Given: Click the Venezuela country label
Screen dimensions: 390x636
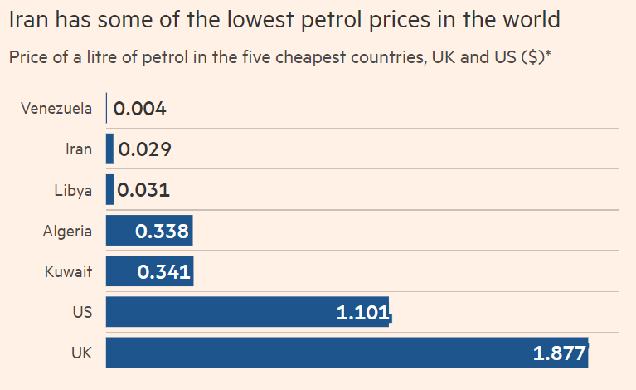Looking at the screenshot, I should pyautogui.click(x=56, y=109).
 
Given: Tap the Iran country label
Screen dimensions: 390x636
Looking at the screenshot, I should pyautogui.click(x=78, y=149).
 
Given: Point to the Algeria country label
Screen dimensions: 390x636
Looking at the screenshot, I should pyautogui.click(x=67, y=231).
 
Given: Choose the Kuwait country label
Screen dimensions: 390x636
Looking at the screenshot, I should pyautogui.click(x=69, y=271).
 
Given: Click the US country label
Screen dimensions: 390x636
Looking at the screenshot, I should pyautogui.click(x=82, y=312).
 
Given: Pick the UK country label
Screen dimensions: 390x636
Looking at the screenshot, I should pyautogui.click(x=81, y=353).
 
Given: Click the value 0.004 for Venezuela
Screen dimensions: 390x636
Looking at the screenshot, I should pyautogui.click(x=140, y=109).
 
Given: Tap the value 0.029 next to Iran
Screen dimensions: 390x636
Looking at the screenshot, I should pyautogui.click(x=145, y=149).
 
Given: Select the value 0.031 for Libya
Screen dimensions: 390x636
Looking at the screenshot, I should pyautogui.click(x=143, y=190).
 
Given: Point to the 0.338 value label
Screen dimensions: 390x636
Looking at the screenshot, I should pyautogui.click(x=162, y=231).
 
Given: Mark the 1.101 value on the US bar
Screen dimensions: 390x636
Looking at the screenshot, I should pyautogui.click(x=362, y=312).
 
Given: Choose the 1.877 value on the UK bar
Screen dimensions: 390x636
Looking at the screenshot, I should pyautogui.click(x=560, y=353).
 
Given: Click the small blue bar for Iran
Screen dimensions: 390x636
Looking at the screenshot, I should pyautogui.click(x=109, y=149).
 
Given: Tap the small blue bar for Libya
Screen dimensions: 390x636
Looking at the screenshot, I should pyautogui.click(x=109, y=190).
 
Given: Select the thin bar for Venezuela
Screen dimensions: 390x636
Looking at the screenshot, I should pyautogui.click(x=106, y=109).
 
